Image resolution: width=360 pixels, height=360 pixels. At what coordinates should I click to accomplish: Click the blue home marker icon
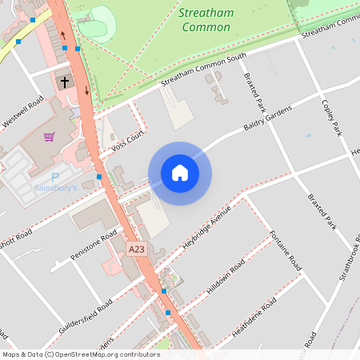point(180,173)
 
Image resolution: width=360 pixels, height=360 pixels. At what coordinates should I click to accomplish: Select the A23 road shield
point(137,250)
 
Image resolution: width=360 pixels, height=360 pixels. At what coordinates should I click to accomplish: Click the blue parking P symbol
point(55,177)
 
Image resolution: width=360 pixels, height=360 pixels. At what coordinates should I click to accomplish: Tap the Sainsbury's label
point(55,189)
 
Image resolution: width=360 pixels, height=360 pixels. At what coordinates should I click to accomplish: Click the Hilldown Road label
point(226,278)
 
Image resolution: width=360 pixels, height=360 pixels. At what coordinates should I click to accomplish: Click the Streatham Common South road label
point(196,77)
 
